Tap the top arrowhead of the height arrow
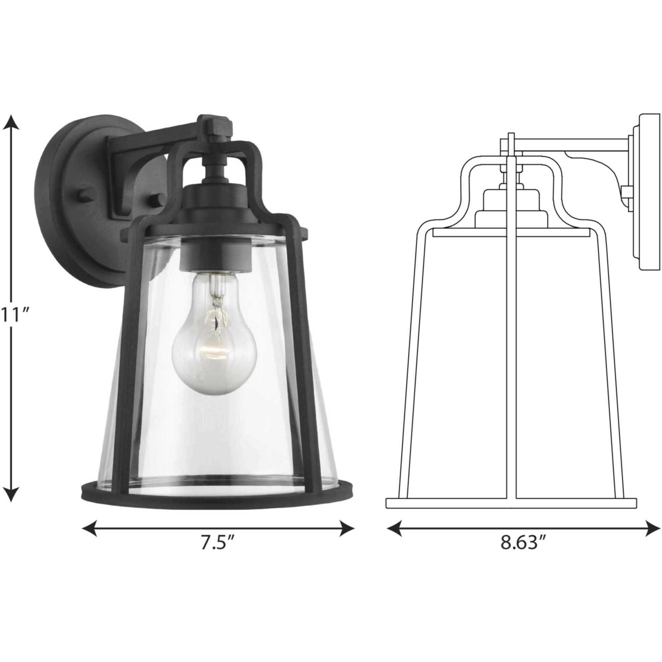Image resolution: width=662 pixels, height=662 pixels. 11,122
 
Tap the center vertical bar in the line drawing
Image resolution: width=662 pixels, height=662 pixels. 511,343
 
